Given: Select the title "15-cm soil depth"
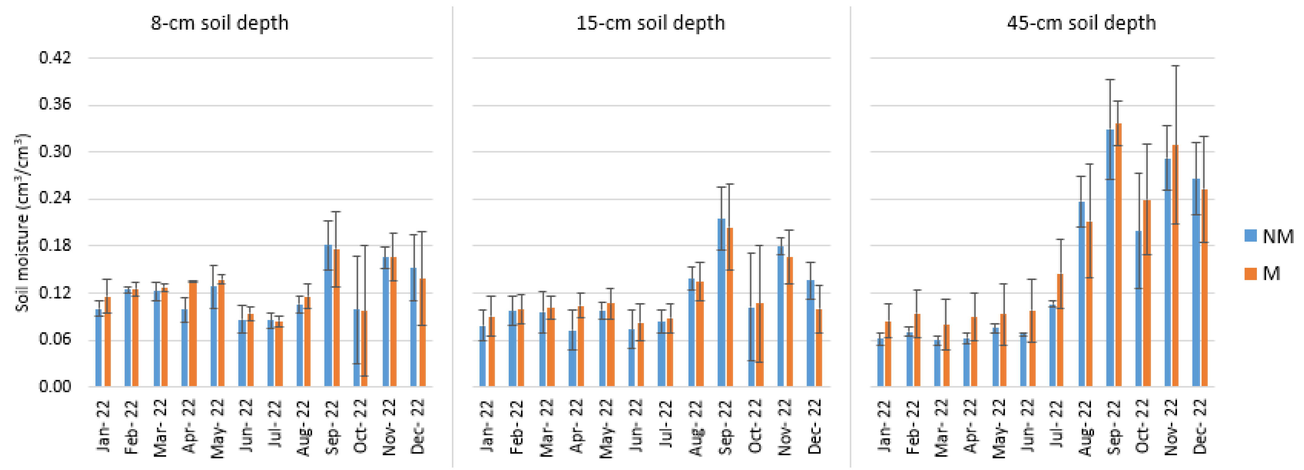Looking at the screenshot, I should (x=651, y=23).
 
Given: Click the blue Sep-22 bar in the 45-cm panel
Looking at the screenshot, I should (x=1110, y=258).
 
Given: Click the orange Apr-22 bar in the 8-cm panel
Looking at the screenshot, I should (x=193, y=334).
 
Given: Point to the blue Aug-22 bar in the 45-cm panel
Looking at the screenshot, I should (x=1082, y=294).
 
